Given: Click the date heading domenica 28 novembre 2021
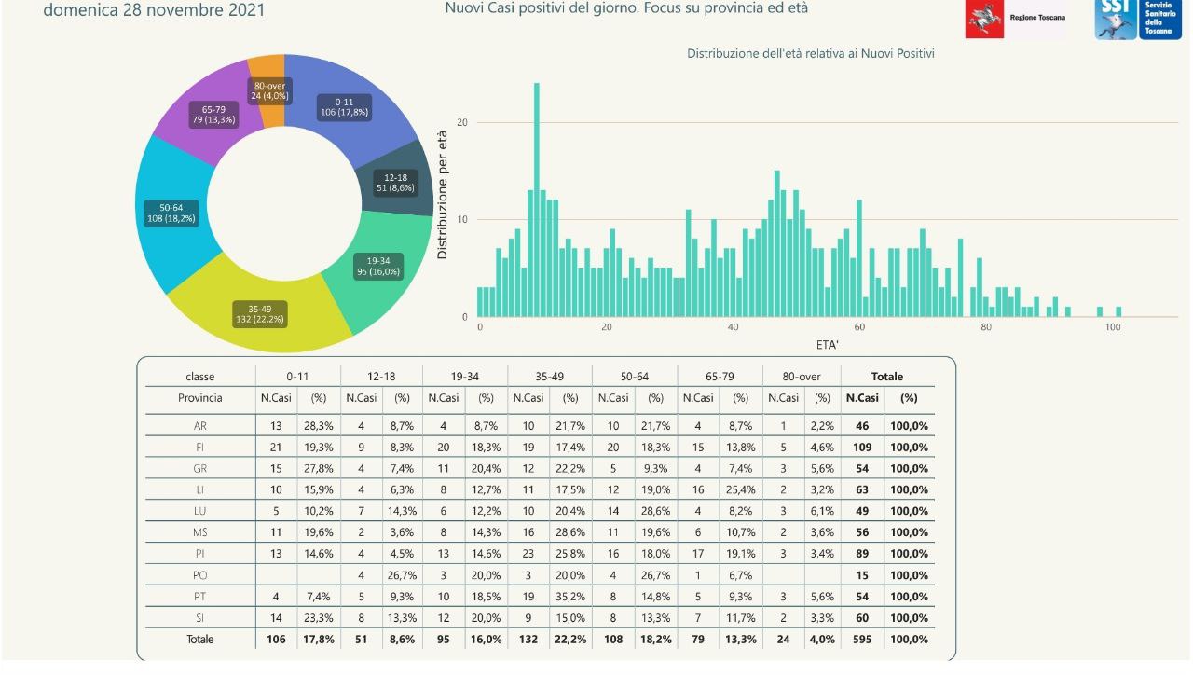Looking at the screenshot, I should pyautogui.click(x=154, y=10).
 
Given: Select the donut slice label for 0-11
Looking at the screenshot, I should pyautogui.click(x=344, y=107).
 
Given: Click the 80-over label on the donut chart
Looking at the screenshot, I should pyautogui.click(x=269, y=90).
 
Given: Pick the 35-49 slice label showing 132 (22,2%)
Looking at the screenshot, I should pyautogui.click(x=260, y=313).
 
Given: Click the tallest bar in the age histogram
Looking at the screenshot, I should pyautogui.click(x=537, y=200).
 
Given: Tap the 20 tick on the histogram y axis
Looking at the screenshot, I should pyautogui.click(x=462, y=123).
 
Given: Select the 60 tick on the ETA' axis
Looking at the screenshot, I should pyautogui.click(x=859, y=327).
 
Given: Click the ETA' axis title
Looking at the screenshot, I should pyautogui.click(x=829, y=345).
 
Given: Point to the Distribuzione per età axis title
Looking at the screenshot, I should pyautogui.click(x=443, y=195).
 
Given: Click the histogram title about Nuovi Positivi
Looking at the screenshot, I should pyautogui.click(x=810, y=54).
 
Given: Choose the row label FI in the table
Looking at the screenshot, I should pyautogui.click(x=199, y=447).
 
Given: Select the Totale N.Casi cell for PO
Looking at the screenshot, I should pyautogui.click(x=862, y=575).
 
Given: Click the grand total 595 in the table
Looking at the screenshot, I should pyautogui.click(x=862, y=640).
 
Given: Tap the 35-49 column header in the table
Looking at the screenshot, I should pyautogui.click(x=550, y=377).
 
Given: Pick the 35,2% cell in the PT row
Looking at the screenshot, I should pyautogui.click(x=570, y=597).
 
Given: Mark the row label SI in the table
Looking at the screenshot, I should pyautogui.click(x=199, y=618).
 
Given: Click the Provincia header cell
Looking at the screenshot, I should pyautogui.click(x=199, y=398).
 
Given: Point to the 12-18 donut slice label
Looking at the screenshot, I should pyautogui.click(x=395, y=182).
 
